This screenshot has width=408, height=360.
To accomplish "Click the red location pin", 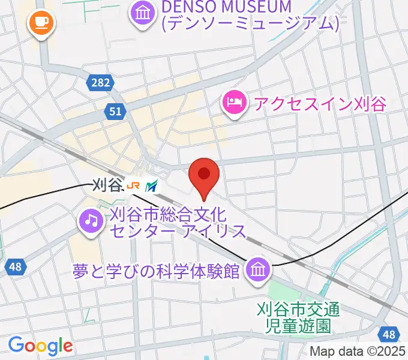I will tap(203, 175).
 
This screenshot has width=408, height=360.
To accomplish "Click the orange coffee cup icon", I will tap(41, 23).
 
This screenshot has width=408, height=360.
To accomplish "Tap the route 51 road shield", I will tap(115, 110).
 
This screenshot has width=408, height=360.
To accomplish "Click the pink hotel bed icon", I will tap(234, 103).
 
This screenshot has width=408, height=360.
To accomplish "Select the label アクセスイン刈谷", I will tap(320, 103).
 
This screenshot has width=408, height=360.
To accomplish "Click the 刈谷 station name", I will tap(107, 186).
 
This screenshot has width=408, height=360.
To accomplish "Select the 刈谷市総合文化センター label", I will tap(178, 222).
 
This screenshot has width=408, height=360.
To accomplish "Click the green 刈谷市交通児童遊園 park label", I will tap(298, 317).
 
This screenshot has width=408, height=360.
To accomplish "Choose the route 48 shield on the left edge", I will tap(16, 267).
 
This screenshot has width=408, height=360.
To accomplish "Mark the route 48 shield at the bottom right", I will tap(389, 334).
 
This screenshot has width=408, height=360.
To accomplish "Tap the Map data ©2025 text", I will tap(357, 352).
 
